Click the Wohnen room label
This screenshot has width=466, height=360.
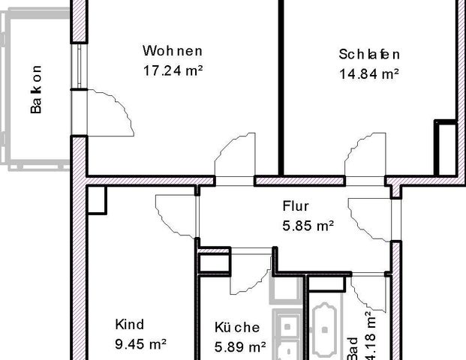click(173, 52)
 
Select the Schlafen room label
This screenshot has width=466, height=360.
click(368, 55)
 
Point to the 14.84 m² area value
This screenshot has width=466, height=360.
click(368, 73)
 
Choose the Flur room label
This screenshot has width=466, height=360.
click(296, 205)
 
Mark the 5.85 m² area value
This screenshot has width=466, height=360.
click(308, 224)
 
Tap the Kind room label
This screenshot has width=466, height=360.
click(129, 325)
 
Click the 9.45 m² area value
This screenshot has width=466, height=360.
click(140, 344)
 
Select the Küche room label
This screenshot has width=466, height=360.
click(236, 328)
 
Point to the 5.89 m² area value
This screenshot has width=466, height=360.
click(241, 346)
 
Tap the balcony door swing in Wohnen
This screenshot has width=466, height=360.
click(111, 109)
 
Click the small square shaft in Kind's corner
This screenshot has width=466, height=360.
click(98, 199)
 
